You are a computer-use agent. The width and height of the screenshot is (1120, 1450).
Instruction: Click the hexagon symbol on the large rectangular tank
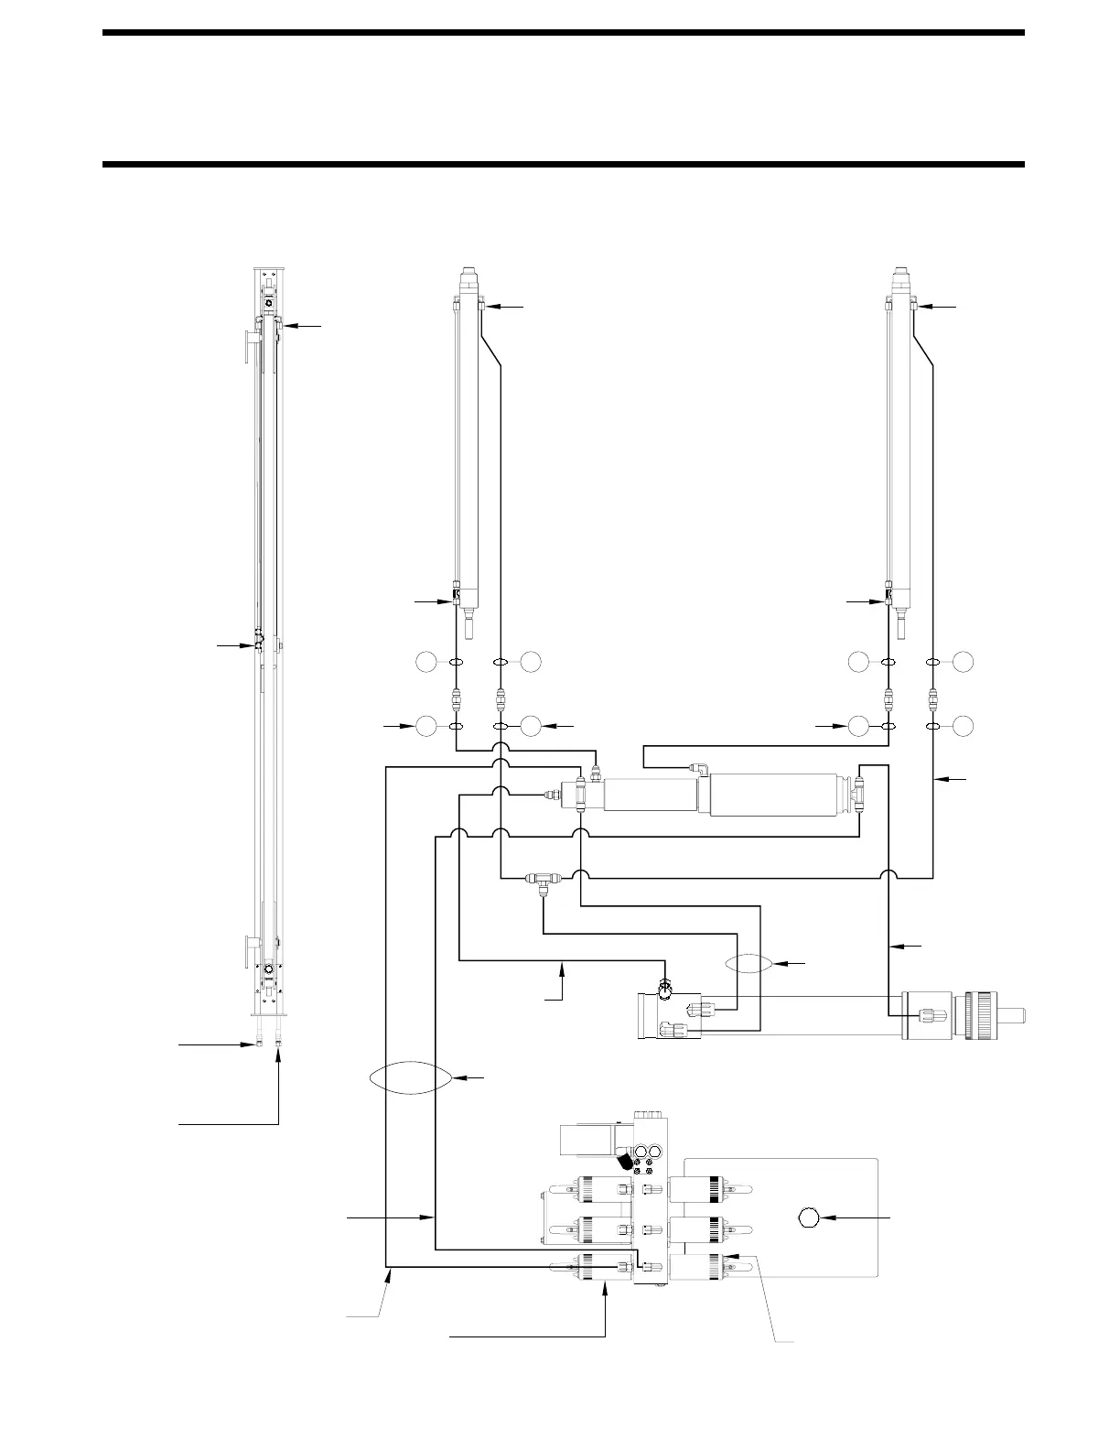click(808, 1217)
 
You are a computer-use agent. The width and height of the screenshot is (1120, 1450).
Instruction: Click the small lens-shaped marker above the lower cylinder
click(748, 963)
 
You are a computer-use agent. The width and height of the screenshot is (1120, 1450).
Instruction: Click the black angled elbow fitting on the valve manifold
click(625, 1162)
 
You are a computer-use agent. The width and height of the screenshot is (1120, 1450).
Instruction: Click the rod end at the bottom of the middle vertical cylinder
click(468, 627)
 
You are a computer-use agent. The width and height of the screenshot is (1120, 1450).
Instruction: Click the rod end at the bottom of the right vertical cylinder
click(900, 627)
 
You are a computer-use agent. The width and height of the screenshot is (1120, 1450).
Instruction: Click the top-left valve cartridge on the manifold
click(589, 1189)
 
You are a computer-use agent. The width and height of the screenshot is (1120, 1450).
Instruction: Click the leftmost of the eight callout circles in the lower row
click(425, 726)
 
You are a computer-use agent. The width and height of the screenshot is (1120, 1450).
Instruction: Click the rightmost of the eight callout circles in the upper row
click(963, 661)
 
